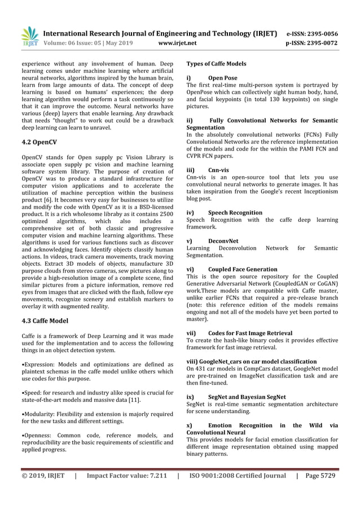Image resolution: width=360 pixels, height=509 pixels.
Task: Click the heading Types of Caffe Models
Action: tap(216, 65)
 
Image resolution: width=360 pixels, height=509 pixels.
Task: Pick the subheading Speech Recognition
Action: tap(235, 213)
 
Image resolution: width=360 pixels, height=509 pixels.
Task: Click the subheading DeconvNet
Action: tap(223, 240)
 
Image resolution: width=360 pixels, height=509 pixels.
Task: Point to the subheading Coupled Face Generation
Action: tap(243, 269)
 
